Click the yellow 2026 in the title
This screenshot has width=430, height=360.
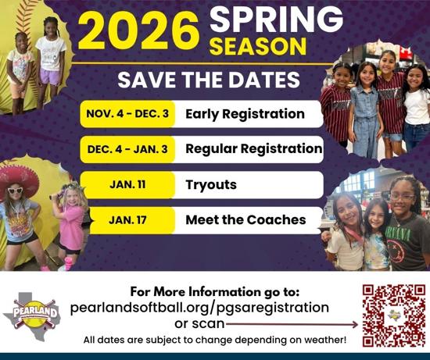(x=138, y=30)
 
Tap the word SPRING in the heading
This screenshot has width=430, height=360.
(x=276, y=20)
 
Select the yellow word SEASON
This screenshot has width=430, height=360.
(x=258, y=47)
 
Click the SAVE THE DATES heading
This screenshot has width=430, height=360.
(x=209, y=80)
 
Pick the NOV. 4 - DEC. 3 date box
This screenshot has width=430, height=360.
(x=127, y=114)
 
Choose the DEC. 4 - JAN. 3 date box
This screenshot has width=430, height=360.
(x=127, y=149)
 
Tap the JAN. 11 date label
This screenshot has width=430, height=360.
(x=127, y=184)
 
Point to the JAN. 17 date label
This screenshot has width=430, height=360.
(x=127, y=220)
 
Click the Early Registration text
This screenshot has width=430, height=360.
(x=245, y=114)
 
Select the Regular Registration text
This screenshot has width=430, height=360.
(x=254, y=149)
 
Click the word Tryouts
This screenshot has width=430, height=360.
(x=211, y=185)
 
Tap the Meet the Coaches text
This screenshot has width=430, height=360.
(x=245, y=219)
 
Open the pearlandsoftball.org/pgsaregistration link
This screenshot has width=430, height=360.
(x=199, y=308)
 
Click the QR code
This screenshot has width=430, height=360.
(x=394, y=315)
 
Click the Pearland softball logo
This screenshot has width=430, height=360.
(x=32, y=316)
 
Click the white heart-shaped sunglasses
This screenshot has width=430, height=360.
(x=15, y=190)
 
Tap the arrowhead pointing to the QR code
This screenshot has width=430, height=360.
(x=355, y=325)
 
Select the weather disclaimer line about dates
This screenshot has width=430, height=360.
(x=215, y=340)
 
